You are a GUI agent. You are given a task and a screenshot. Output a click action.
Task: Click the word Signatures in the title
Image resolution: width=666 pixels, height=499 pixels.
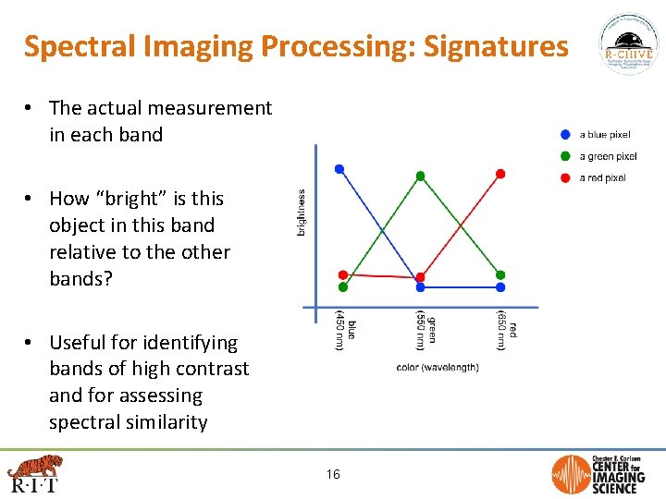[496, 46]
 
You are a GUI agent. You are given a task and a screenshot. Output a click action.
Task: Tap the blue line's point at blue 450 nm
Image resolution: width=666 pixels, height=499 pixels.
[339, 169]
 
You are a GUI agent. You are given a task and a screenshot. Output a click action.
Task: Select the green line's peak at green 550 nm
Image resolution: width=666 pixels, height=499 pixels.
[420, 176]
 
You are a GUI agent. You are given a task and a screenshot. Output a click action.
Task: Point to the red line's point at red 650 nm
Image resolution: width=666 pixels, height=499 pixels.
[500, 173]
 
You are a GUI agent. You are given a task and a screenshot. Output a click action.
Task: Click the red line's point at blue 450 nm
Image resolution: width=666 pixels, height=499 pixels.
[343, 274]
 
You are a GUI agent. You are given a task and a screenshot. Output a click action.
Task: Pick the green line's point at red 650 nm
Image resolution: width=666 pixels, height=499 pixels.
[500, 275]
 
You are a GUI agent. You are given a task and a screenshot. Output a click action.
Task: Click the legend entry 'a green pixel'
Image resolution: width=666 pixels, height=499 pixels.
[608, 156]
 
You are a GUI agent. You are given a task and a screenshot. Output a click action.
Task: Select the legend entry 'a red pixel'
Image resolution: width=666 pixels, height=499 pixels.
[602, 177]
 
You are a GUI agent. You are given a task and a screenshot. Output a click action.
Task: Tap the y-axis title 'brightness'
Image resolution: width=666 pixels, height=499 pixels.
[301, 212]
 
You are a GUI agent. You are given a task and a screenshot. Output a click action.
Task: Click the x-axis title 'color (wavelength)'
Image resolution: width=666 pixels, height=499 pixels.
[438, 368]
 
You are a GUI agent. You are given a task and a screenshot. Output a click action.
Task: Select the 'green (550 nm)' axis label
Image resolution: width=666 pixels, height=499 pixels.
[425, 330]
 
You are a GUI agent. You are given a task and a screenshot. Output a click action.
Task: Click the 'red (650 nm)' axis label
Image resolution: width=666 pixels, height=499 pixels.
[505, 330]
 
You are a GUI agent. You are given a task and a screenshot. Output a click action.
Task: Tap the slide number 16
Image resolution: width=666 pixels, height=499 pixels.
[333, 474]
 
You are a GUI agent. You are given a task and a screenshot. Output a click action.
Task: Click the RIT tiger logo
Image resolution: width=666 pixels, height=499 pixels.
[33, 472]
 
